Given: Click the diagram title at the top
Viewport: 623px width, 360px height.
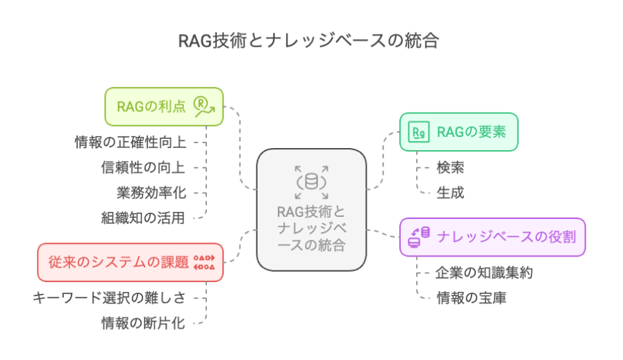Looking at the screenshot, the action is click(x=308, y=41).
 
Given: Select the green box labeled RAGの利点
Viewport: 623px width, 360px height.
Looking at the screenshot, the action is click(x=164, y=106).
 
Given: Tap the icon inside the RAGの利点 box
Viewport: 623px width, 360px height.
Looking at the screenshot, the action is click(x=204, y=106).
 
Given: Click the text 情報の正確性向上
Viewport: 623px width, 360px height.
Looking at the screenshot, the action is click(x=131, y=142).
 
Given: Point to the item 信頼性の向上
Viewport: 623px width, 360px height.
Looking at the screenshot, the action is click(x=143, y=167).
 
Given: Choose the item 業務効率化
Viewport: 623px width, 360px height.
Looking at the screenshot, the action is click(x=151, y=193).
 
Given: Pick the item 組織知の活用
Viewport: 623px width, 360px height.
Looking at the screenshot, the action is click(x=143, y=218).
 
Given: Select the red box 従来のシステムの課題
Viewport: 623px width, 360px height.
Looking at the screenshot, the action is click(x=131, y=263).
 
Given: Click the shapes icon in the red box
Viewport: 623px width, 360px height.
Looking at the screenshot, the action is click(x=204, y=263).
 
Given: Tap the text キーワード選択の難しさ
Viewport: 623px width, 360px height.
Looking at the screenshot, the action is click(x=109, y=297).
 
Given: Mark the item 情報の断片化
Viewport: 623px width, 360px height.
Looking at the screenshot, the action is click(x=143, y=323).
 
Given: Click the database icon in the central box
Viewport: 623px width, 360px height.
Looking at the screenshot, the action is click(x=311, y=182).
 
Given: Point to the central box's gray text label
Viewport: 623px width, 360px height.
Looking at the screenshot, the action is click(x=311, y=229).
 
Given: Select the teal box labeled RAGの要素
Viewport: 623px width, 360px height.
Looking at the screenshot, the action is click(x=459, y=132).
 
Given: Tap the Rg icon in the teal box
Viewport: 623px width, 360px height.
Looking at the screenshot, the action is click(x=419, y=132).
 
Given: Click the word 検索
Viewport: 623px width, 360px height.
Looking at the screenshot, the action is click(x=450, y=167).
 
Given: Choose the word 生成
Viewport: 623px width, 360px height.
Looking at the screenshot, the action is click(x=450, y=193).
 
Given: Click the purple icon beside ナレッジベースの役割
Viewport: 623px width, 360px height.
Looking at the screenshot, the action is click(x=420, y=237).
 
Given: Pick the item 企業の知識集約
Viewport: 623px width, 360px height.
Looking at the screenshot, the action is click(x=484, y=273).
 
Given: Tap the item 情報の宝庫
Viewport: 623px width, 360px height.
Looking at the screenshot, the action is click(x=472, y=298).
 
